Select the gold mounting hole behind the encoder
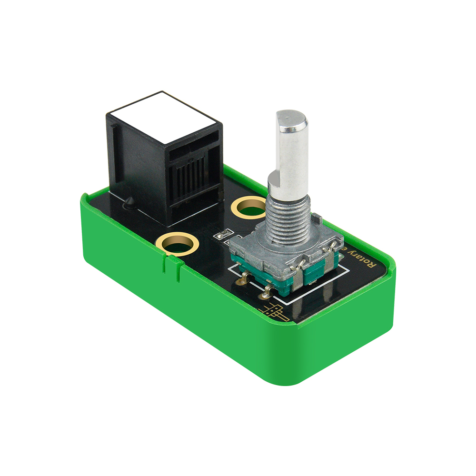tap(248, 206)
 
